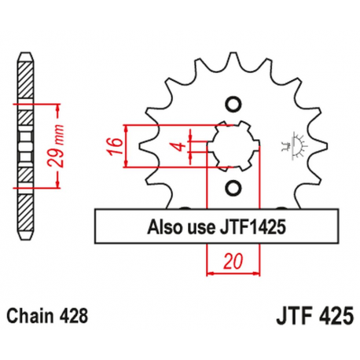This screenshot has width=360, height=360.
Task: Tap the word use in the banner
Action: coord(200,228)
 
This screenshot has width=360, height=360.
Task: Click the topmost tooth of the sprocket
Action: coord(233,61)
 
